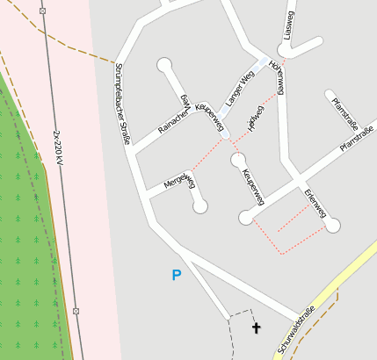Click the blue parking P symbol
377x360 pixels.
tap(177, 276)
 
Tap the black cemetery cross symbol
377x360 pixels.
tap(257, 328)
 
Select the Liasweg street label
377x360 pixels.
tap(291, 25)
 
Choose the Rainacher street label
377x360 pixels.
tap(173, 122)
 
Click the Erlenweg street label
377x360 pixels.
tap(315, 203)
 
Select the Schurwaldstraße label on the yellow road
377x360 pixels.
tap(297, 329)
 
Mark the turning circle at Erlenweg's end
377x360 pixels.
tap(332, 226)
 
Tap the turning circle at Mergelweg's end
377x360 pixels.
tap(200, 206)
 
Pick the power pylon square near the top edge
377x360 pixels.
tap(42, 11)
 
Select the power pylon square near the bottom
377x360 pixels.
tap(76, 311)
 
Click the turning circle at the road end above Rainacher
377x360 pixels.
tap(163, 64)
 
